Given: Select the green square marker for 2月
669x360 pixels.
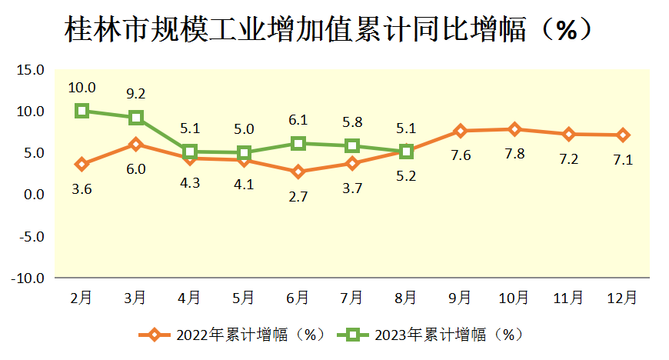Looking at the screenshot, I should click(82, 111).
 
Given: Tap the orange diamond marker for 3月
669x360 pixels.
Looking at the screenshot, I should click(136, 144).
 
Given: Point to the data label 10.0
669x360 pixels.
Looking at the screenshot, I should click(82, 87).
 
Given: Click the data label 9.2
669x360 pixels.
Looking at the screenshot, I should click(136, 94).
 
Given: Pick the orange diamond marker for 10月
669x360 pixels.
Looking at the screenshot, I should click(514, 129).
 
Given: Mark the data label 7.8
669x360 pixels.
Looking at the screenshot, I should click(514, 154).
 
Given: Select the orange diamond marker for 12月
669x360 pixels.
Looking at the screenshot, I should click(622, 135).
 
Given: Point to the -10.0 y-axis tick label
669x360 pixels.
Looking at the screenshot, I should click(28, 278).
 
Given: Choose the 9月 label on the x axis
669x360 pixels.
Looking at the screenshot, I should click(460, 297).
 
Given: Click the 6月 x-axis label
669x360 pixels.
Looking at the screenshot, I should click(298, 297).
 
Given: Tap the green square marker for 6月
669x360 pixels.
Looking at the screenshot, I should click(298, 143).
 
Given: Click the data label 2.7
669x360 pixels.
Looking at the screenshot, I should click(298, 196).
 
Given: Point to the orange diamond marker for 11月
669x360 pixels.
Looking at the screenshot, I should click(568, 134).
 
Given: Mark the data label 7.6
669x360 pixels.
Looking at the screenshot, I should click(460, 155).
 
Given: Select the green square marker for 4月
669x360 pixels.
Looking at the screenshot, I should click(190, 152).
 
